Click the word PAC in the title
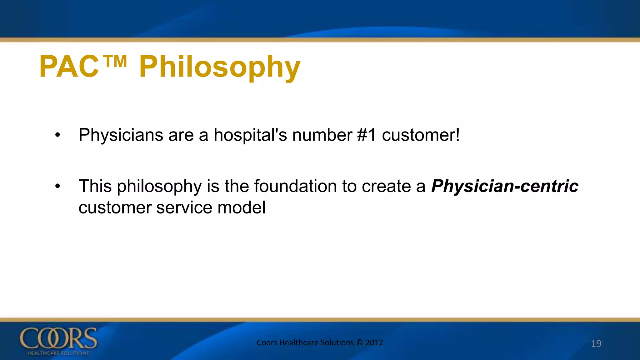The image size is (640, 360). point(69,67)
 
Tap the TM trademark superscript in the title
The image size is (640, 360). point(115,62)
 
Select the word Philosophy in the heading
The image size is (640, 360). point(220,67)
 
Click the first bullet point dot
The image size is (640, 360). point(57,135)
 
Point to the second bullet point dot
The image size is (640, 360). point(57,187)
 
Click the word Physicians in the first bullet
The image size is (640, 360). point(121,135)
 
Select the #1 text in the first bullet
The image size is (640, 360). point(366,135)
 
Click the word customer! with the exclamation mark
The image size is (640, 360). point(421,135)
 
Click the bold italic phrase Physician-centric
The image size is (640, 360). point(505,187)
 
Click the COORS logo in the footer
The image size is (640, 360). point(58,341)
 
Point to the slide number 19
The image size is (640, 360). point(596,344)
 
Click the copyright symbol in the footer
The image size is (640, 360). point(359,342)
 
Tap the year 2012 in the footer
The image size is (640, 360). point(374,342)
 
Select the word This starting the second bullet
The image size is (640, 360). point(95,187)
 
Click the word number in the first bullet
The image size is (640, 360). point(322,135)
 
